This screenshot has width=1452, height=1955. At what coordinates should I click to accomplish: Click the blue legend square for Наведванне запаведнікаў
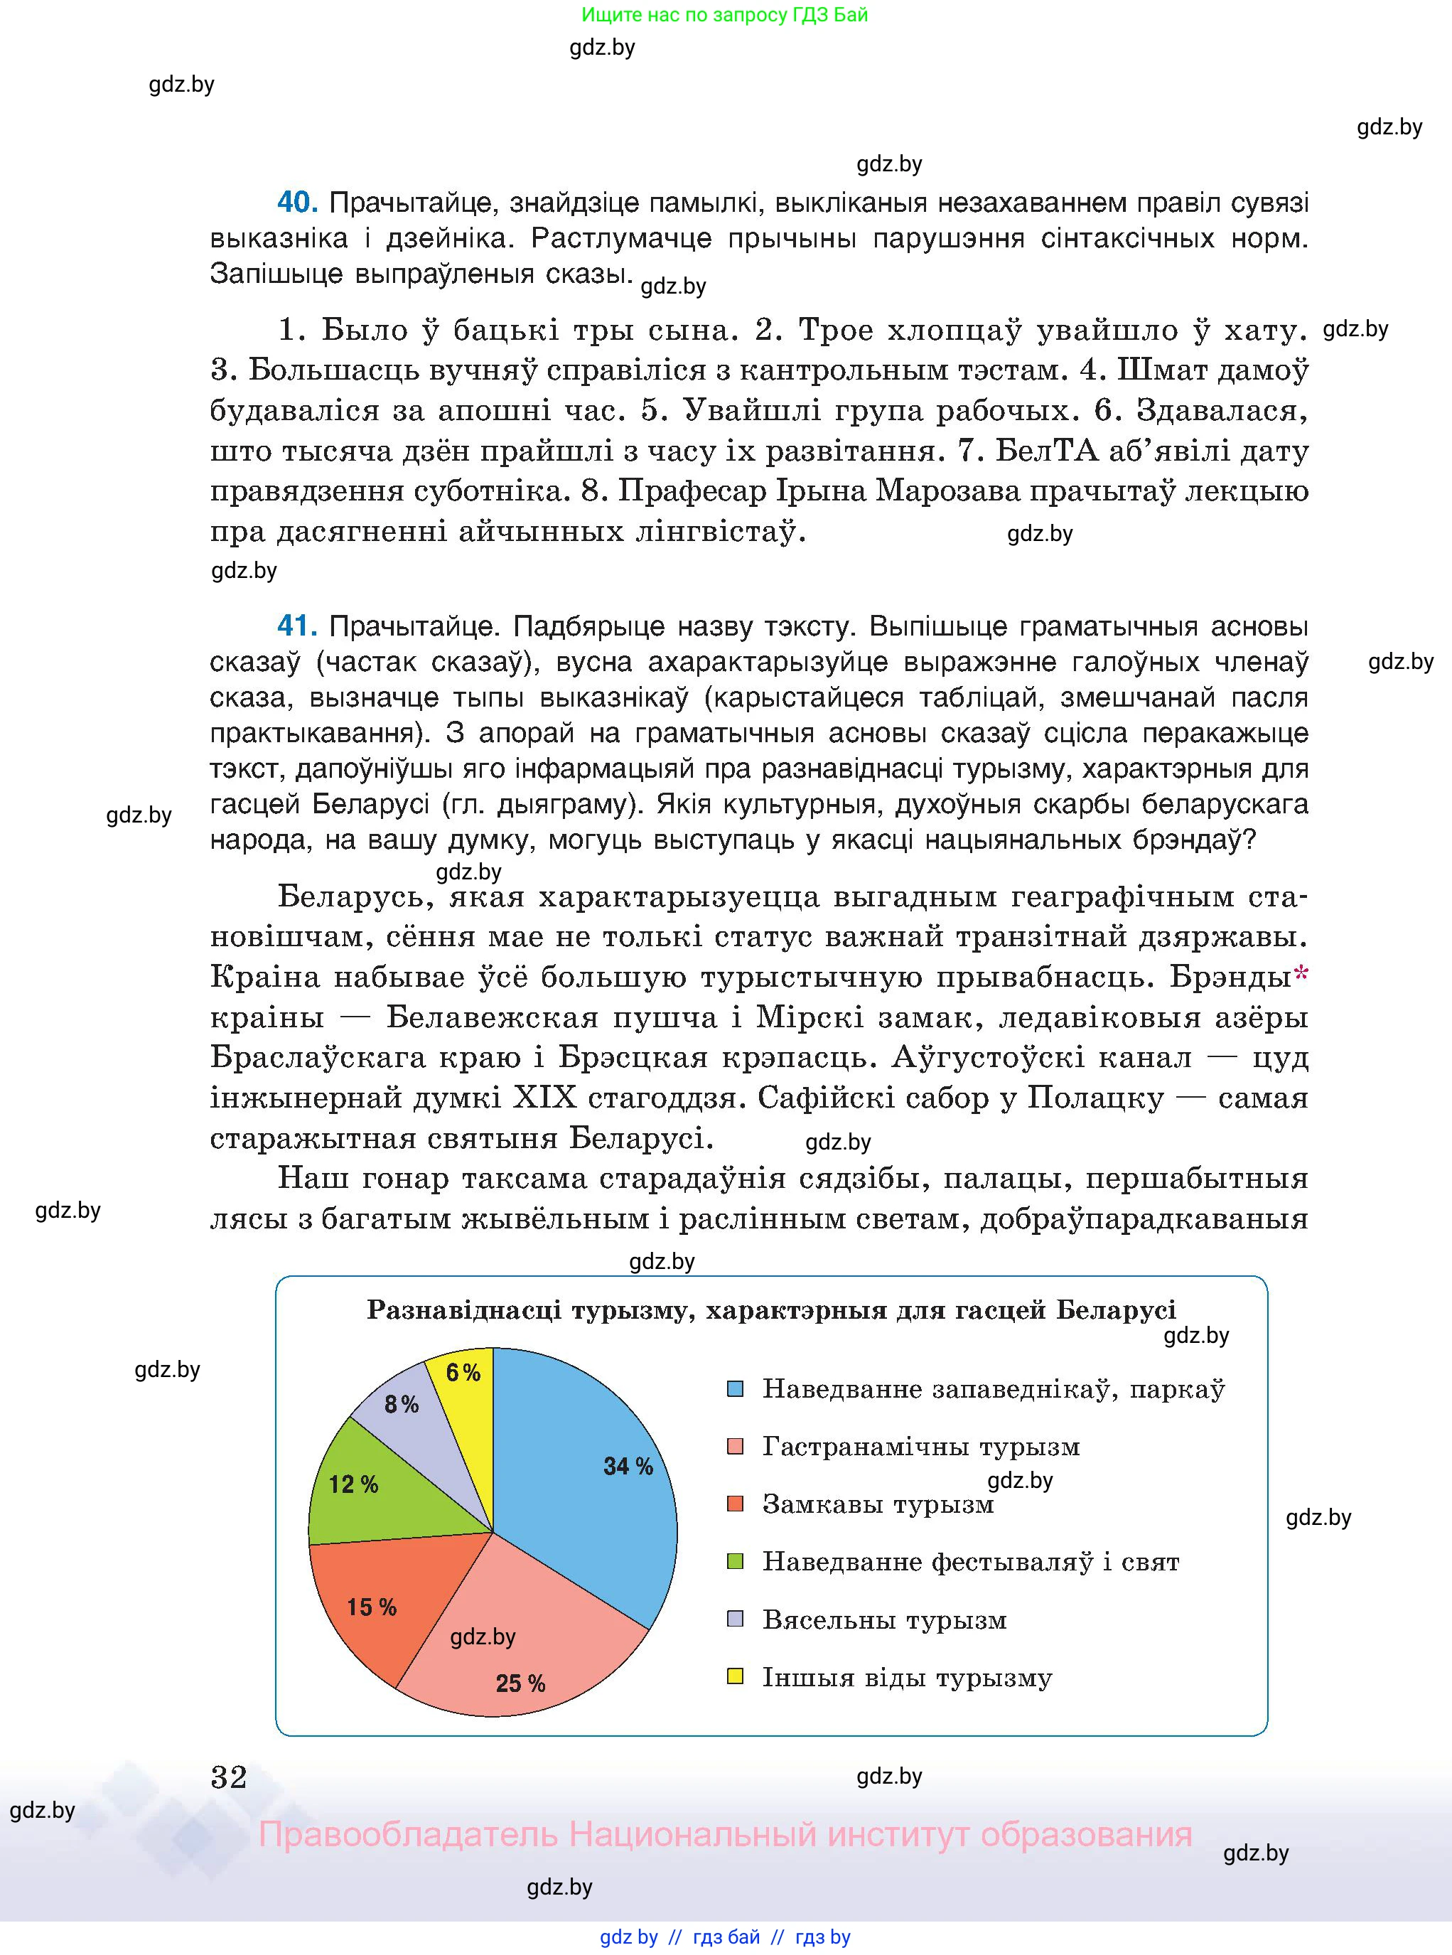tap(736, 1390)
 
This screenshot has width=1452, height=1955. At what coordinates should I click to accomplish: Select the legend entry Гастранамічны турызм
tap(920, 1447)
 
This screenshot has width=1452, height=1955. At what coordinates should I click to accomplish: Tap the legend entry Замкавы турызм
tap(877, 1504)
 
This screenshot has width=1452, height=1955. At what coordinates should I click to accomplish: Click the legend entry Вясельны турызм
tap(883, 1619)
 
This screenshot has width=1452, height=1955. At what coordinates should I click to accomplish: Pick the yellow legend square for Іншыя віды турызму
tap(736, 1676)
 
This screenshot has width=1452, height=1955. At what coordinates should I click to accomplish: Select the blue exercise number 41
tap(296, 626)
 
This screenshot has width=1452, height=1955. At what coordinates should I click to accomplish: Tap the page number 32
tap(230, 1777)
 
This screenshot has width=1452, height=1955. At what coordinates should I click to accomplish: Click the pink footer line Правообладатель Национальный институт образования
tap(725, 1835)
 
